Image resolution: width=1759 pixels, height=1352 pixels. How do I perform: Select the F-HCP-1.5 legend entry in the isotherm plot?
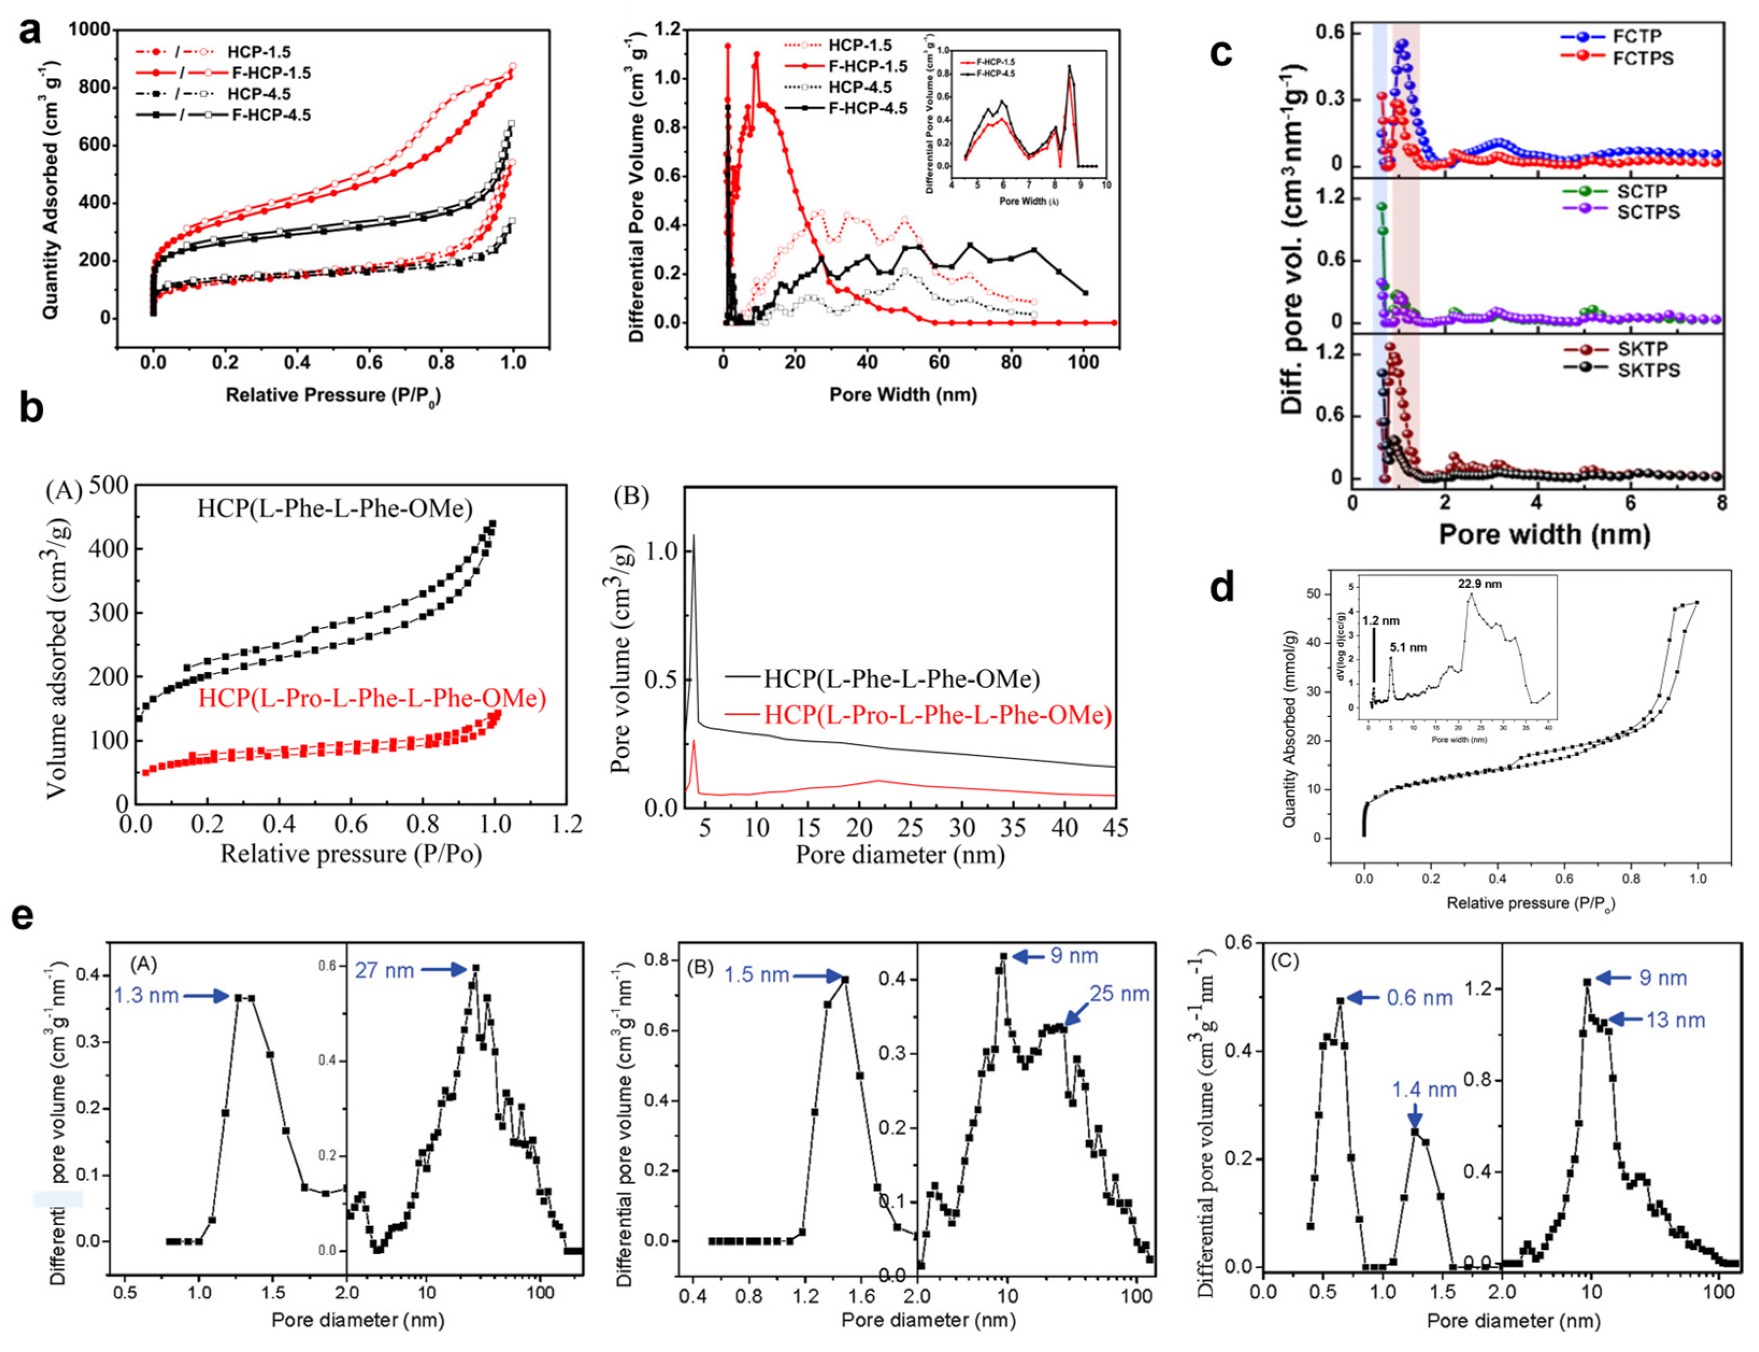(x=270, y=73)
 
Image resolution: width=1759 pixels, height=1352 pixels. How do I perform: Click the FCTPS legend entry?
(x=1642, y=58)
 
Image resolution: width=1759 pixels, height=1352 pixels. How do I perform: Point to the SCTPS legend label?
(x=1648, y=212)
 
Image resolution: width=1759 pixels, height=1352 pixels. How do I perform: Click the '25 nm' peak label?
(x=1119, y=994)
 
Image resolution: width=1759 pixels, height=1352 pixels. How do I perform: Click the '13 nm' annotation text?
(x=1675, y=1020)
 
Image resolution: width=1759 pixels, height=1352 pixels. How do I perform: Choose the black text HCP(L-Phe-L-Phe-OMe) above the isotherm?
(x=335, y=509)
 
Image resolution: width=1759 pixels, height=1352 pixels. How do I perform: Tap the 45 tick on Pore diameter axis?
(x=1115, y=828)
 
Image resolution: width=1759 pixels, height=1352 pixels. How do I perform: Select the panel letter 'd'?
(x=1222, y=589)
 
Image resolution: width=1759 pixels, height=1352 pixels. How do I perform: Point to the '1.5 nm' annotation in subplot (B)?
(x=756, y=975)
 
